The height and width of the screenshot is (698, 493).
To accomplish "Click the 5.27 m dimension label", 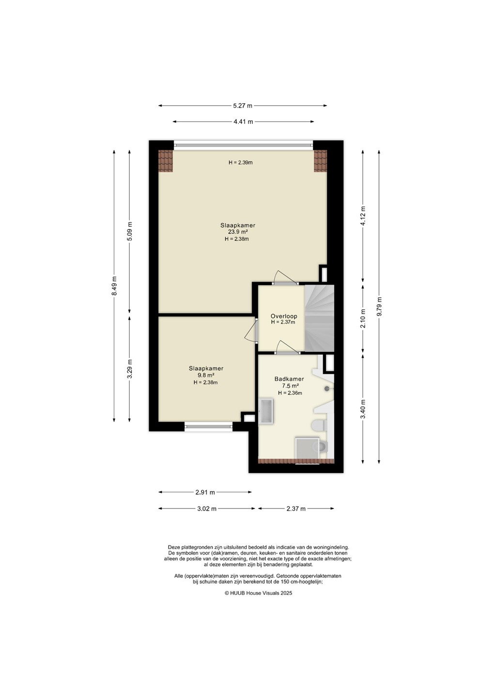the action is pos(243,106).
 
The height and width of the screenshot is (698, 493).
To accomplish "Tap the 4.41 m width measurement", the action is pos(244,122).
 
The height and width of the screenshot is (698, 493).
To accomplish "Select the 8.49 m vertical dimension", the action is pos(114,286).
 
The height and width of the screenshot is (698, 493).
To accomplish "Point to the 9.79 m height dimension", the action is pos(379,307).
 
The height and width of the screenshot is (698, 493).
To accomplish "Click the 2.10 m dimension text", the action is pos(363,318).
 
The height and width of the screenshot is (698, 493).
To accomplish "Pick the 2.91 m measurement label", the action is pos(205,492).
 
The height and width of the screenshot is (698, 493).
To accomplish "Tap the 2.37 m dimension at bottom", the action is pos(296,509).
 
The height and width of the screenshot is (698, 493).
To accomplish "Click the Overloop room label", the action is pos(284,316).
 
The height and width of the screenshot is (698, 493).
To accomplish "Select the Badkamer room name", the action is pos(289,379).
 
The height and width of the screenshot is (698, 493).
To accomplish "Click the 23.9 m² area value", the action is pos(238,232).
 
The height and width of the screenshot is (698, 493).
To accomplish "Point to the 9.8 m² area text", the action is pos(206,376).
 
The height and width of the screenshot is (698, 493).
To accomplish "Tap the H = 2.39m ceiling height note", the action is pos(241,162).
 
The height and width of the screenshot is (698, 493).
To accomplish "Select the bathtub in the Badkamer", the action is pos(266,412).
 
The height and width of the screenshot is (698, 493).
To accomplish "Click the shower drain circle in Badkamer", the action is pos(327,389).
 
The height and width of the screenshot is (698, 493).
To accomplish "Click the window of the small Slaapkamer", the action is pos(209,427).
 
